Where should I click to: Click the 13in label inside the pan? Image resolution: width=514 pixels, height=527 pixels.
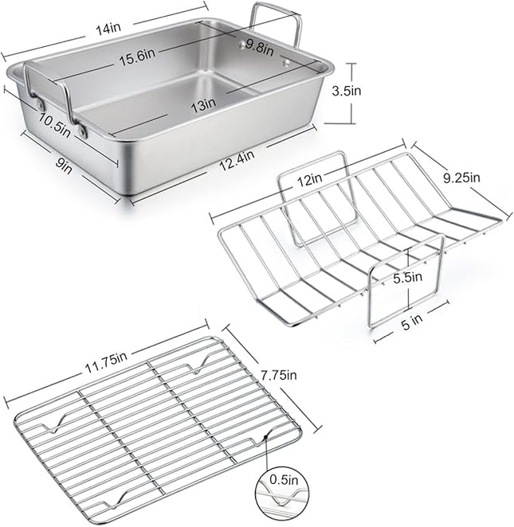[203, 103]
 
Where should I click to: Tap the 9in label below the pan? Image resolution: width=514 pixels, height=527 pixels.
[65, 166]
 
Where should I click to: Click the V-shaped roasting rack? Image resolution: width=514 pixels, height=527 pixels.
[359, 239]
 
